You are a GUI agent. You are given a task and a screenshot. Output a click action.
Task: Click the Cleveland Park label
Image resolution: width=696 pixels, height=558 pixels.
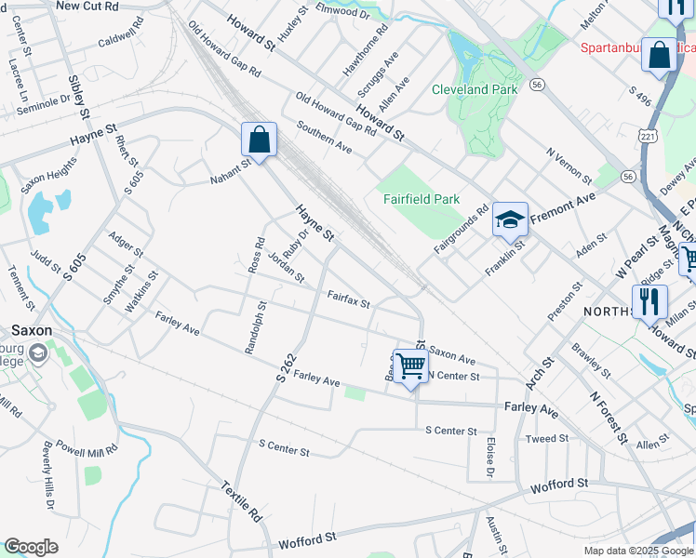(474, 90)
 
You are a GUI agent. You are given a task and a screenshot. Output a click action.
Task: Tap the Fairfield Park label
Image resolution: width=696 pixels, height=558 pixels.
(421, 199)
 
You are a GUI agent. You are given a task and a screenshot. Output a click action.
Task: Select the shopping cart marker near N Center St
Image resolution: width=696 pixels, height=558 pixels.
(410, 365)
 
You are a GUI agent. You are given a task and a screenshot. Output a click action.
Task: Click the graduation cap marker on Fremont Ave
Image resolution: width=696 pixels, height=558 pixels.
(510, 219)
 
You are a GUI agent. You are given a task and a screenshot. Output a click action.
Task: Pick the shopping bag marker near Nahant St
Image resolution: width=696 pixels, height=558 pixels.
(260, 140)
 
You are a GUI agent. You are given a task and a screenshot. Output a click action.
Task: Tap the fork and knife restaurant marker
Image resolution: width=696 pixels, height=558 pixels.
(649, 301)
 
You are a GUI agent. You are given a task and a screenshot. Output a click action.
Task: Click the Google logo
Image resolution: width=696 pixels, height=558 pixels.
(31, 547)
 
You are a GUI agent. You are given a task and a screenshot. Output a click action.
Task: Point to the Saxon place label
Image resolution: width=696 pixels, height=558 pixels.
(31, 330)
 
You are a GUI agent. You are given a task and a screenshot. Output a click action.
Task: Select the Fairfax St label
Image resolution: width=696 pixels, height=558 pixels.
(348, 299)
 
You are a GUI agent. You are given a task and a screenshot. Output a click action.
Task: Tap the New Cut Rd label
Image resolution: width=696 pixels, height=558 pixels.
(87, 6)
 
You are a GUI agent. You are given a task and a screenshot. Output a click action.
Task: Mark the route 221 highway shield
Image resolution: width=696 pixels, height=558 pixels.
(647, 137)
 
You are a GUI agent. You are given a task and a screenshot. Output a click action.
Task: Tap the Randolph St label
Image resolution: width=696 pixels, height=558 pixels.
(255, 326)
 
